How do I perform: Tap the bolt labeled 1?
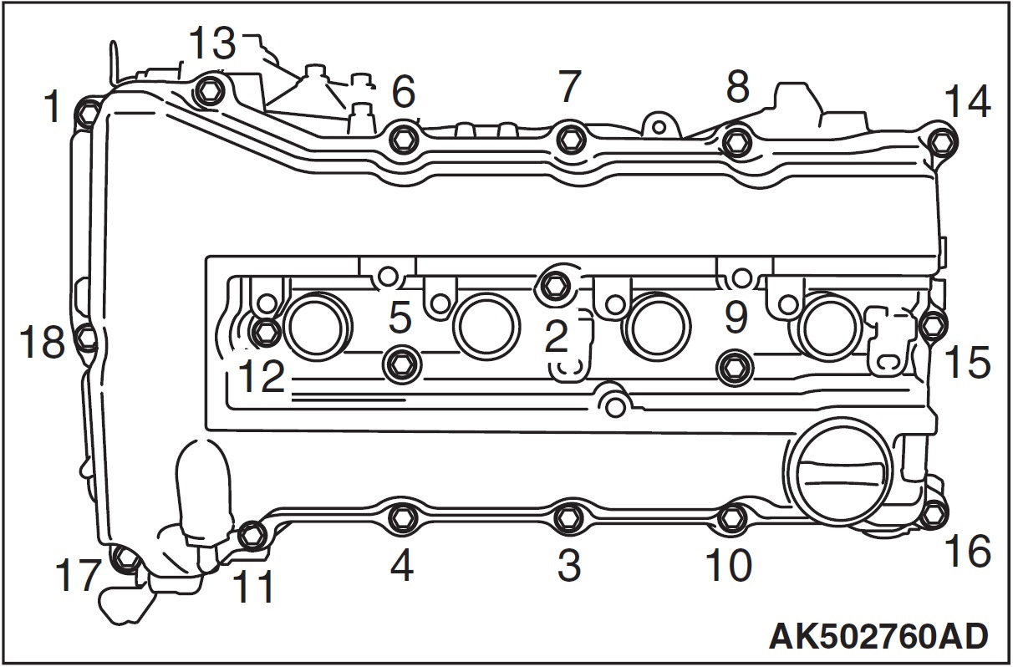tap(87, 109)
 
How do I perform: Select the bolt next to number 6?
tap(404, 137)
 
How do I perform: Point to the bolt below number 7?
tap(570, 137)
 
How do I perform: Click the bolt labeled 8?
tap(736, 141)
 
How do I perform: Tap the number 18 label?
tap(42, 342)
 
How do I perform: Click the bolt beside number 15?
tap(934, 325)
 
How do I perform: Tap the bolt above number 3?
tap(569, 517)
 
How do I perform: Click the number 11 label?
tap(253, 587)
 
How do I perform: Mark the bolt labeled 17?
tap(125, 558)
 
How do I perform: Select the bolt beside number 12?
tap(265, 333)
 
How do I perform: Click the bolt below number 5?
tap(399, 362)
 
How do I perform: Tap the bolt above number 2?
tap(554, 283)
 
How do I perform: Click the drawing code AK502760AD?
tap(878, 635)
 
